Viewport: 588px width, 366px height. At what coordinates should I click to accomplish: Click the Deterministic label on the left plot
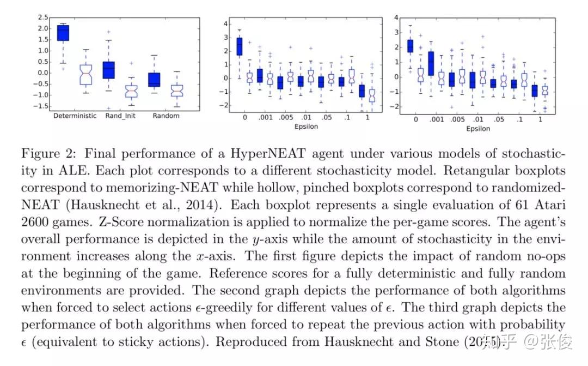(x=75, y=116)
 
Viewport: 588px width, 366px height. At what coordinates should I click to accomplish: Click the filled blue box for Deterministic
(x=63, y=33)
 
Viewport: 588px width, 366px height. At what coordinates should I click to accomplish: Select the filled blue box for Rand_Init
(x=108, y=69)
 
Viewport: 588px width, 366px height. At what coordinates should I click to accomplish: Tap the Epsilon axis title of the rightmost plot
(x=477, y=129)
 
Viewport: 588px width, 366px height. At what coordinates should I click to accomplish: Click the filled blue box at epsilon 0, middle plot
(x=240, y=46)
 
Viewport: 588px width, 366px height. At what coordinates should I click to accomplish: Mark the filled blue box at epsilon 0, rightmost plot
(x=411, y=45)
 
